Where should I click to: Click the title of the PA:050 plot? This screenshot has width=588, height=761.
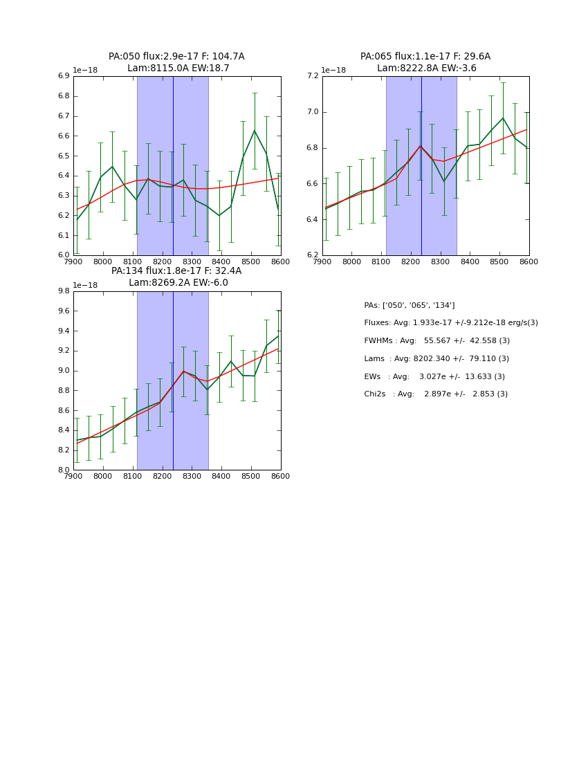click(x=176, y=62)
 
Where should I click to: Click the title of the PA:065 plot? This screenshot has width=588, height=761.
click(x=425, y=62)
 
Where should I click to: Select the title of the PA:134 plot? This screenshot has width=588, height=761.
click(x=176, y=277)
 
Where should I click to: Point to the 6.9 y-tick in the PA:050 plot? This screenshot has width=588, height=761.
click(x=63, y=76)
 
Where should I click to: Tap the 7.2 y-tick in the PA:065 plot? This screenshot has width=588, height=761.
click(x=312, y=76)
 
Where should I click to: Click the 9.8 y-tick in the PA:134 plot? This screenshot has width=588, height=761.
click(x=63, y=291)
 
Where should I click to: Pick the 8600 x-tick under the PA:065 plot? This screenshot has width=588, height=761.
click(x=529, y=262)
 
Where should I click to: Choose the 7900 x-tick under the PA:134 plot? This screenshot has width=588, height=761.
click(x=73, y=476)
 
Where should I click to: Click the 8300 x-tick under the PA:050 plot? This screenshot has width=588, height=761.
click(x=192, y=262)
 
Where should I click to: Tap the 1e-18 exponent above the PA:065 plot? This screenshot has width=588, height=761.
click(x=333, y=70)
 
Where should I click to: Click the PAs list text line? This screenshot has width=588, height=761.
click(x=409, y=305)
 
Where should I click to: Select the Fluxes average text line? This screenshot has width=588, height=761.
click(x=450, y=323)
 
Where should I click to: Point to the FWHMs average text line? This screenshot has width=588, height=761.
click(x=437, y=340)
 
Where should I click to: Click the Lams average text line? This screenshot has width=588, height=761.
click(x=437, y=358)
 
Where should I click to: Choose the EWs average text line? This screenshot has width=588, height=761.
click(x=434, y=376)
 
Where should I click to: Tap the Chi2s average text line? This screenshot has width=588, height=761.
click(x=436, y=394)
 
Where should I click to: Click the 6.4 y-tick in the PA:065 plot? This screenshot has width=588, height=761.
click(x=312, y=220)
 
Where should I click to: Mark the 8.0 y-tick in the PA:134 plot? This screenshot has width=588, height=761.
click(x=63, y=470)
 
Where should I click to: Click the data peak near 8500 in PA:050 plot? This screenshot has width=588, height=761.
click(x=254, y=130)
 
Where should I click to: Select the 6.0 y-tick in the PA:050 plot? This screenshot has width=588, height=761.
click(x=63, y=255)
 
